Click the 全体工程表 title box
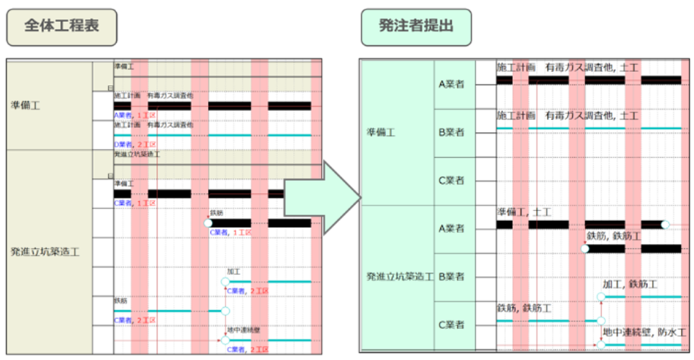(62, 27)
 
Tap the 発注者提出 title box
(416, 27)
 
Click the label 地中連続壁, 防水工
(644, 332)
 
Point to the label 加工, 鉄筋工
(629, 285)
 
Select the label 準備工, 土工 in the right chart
(524, 212)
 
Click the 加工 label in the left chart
(234, 271)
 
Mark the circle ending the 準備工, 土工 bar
(665, 224)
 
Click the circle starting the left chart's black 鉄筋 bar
(208, 223)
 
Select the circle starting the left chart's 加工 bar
(225, 281)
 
